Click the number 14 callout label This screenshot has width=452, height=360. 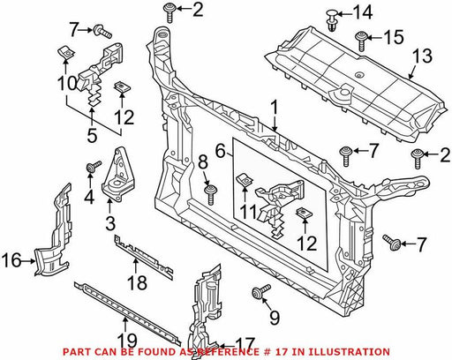(363, 13)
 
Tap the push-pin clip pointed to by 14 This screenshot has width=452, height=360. (332, 20)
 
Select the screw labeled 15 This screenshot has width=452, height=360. (360, 41)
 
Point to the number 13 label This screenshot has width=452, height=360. (423, 56)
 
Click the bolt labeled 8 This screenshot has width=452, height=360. (211, 194)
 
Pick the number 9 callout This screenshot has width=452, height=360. (275, 318)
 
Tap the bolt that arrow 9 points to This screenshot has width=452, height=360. (261, 291)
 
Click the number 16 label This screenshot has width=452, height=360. (11, 260)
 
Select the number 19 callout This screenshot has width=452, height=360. (127, 341)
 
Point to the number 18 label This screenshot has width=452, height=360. (137, 282)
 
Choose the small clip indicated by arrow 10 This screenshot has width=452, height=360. (65, 53)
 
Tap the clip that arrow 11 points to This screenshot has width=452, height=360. (244, 179)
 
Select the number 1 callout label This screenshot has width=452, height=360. (275, 109)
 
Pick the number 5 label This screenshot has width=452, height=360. (92, 136)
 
